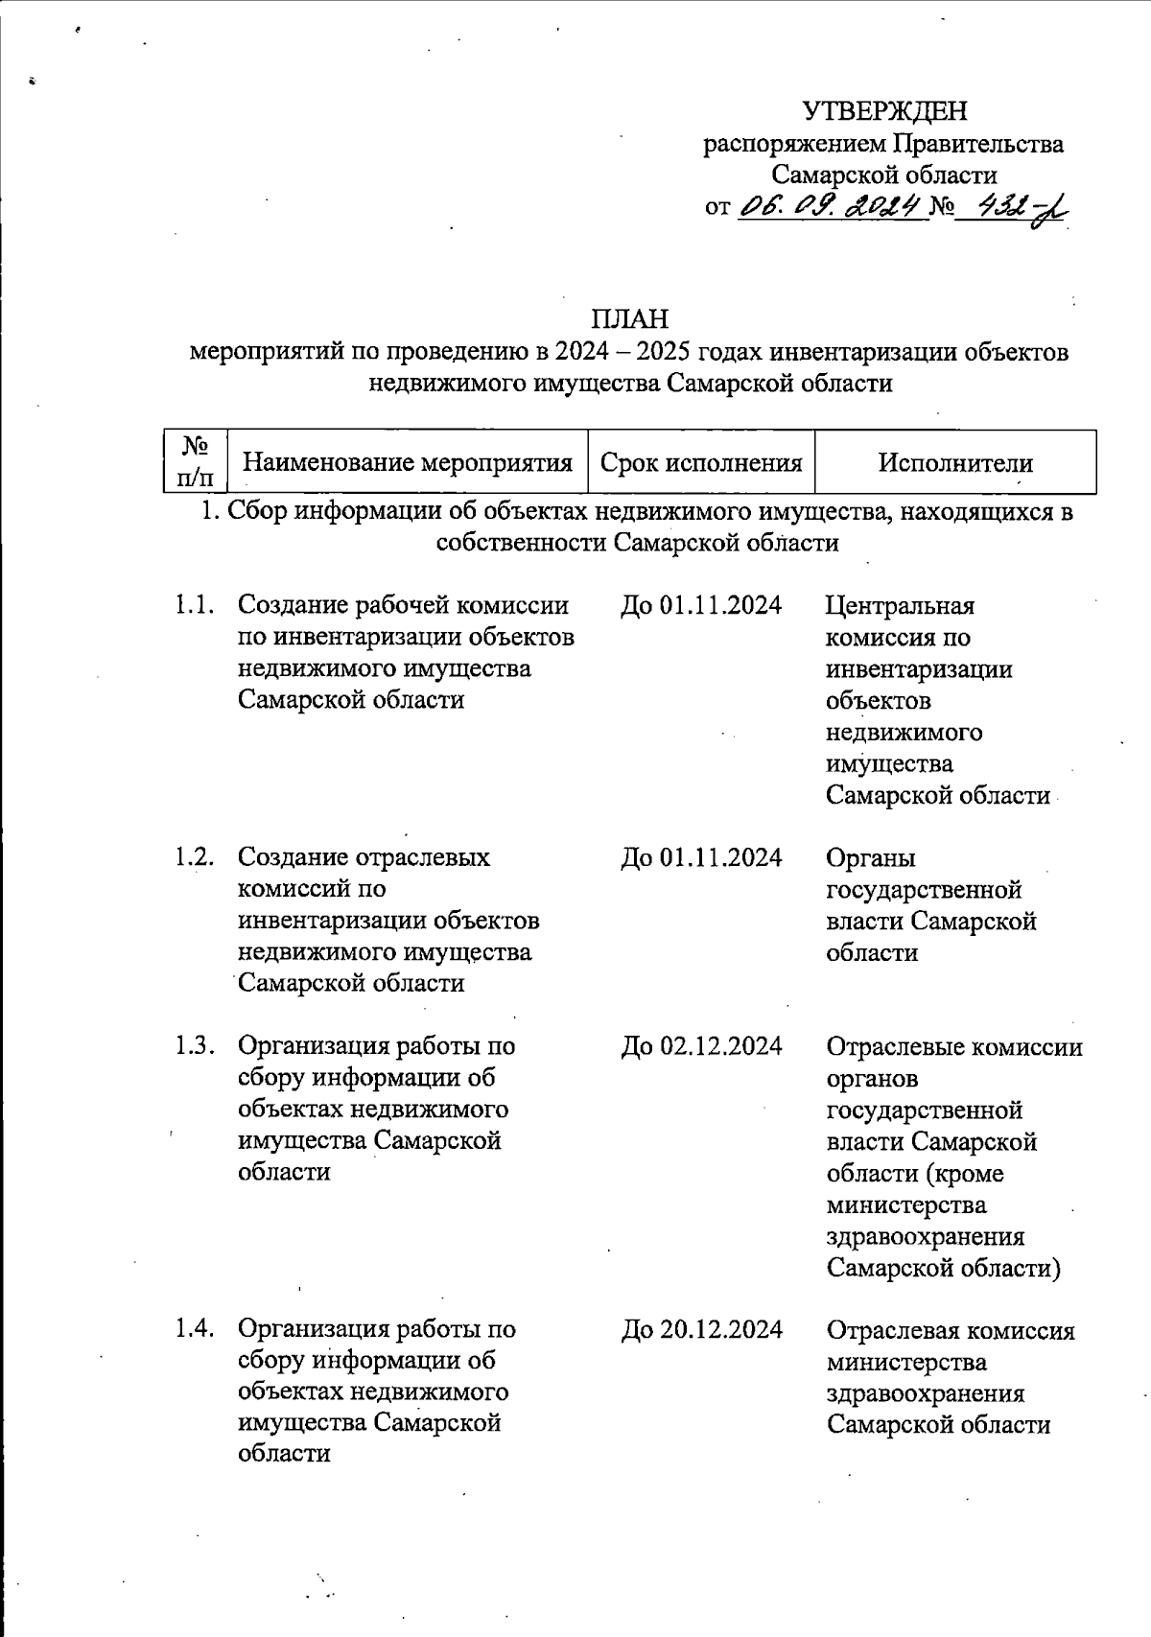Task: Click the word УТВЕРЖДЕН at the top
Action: point(884,112)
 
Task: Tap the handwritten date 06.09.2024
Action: point(831,205)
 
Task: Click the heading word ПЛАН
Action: point(628,318)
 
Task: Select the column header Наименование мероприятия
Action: point(407,463)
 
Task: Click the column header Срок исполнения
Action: point(701,463)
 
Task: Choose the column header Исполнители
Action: point(955,463)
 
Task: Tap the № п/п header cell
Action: point(196,461)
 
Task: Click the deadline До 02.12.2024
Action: point(701,1046)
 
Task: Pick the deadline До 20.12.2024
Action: point(701,1329)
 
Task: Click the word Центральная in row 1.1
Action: point(900,606)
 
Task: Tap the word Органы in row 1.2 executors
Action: point(871,857)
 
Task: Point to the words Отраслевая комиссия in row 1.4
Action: point(951,1331)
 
